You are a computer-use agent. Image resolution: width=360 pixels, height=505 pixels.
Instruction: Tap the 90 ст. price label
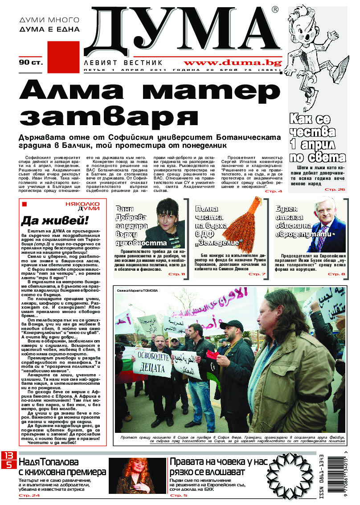(31, 62)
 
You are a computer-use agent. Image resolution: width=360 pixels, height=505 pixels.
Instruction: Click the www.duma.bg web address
(232, 62)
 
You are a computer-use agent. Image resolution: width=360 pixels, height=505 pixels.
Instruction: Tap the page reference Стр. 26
(335, 190)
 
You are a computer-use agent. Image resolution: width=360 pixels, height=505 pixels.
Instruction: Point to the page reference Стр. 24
(29, 495)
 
